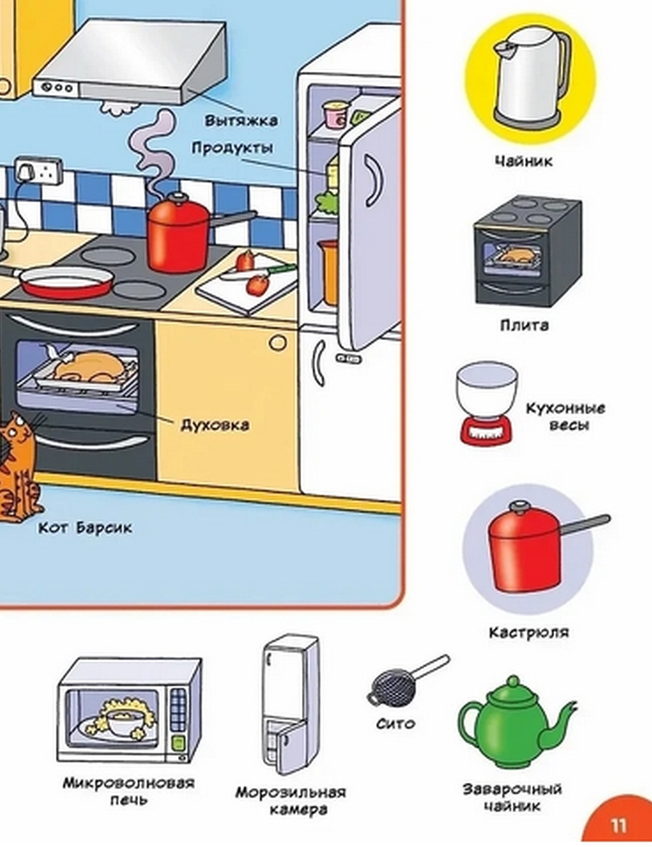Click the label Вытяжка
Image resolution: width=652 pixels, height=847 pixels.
pyautogui.click(x=241, y=121)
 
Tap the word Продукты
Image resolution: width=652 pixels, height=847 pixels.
pyautogui.click(x=231, y=148)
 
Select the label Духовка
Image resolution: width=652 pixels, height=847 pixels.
pyautogui.click(x=215, y=425)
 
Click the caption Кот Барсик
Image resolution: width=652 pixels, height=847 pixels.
pyautogui.click(x=85, y=528)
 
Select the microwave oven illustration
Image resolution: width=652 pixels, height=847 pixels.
pyautogui.click(x=129, y=710)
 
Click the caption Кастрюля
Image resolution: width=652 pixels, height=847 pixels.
pyautogui.click(x=528, y=632)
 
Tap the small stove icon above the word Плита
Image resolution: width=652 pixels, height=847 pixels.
pyautogui.click(x=526, y=251)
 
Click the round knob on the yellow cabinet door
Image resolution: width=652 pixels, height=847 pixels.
pyautogui.click(x=278, y=341)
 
